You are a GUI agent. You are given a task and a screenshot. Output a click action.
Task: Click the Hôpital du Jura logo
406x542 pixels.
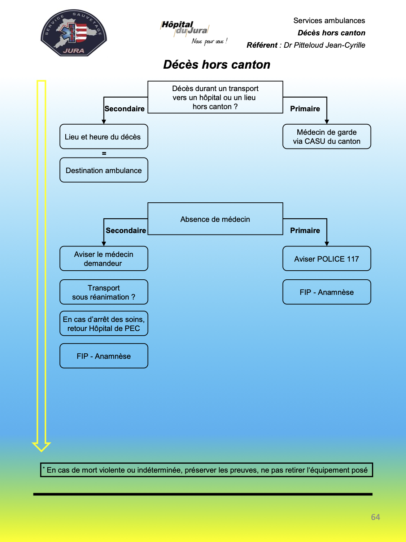(193, 32)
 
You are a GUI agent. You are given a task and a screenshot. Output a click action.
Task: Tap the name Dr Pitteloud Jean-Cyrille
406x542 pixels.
(324, 45)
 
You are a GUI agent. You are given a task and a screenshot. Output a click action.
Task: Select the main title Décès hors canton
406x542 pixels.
(217, 64)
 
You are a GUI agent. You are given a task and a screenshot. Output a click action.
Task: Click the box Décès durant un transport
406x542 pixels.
(215, 97)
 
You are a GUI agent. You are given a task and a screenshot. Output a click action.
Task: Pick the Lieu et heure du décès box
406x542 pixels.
(104, 137)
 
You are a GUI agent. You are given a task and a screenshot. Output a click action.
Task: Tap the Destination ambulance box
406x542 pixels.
(104, 170)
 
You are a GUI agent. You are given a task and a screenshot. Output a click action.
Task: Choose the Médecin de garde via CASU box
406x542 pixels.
(327, 137)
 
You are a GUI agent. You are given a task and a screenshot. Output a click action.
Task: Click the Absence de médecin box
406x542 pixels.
(215, 219)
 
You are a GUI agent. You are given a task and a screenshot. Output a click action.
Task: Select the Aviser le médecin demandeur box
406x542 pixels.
(104, 258)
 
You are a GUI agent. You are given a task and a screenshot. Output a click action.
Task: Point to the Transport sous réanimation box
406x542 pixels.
(104, 292)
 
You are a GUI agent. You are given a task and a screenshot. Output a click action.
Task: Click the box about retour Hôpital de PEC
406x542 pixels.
(104, 323)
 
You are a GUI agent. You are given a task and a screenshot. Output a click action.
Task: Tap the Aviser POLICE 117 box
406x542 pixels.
(327, 258)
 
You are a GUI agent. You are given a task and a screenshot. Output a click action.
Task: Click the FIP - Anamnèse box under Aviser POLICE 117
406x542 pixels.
(327, 292)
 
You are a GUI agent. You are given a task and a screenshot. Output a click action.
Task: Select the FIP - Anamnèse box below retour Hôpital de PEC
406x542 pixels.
(104, 356)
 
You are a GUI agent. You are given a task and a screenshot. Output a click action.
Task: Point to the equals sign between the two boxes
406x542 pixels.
(104, 153)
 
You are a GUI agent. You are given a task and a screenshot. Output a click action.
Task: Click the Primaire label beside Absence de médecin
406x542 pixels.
(305, 231)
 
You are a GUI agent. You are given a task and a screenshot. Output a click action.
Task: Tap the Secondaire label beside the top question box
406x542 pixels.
(125, 109)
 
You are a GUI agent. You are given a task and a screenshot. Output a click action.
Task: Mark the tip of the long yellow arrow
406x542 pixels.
(42, 451)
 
